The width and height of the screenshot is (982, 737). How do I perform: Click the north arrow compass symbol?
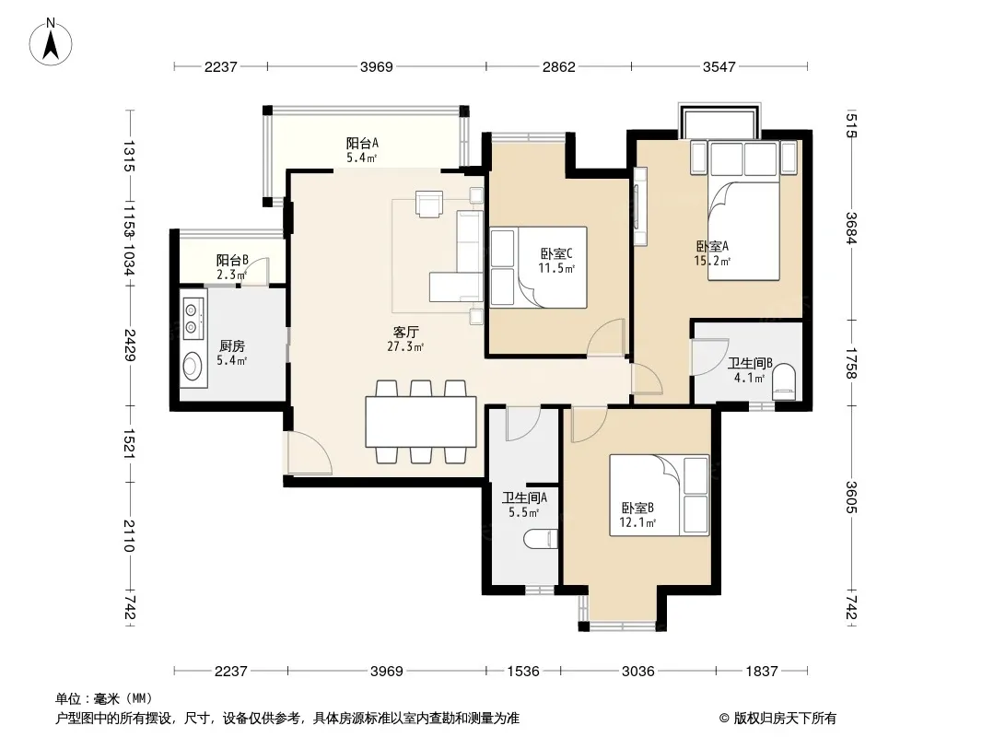[51, 41]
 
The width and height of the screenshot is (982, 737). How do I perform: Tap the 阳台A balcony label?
[362, 143]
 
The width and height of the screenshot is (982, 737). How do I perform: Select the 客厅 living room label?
[406, 332]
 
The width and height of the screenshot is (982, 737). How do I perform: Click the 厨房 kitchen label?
[232, 345]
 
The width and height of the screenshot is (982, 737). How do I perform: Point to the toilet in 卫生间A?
[540, 539]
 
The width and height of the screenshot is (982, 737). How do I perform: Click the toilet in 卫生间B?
[783, 381]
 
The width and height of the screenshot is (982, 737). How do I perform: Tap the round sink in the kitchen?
[193, 366]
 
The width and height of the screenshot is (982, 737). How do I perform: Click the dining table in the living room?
[421, 421]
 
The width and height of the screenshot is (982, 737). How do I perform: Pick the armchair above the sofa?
[429, 205]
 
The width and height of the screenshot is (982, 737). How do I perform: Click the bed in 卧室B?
[660, 496]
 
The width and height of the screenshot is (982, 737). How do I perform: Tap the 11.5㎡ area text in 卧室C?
[556, 269]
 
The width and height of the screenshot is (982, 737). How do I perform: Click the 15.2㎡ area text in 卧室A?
[712, 261]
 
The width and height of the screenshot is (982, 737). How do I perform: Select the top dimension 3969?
[377, 66]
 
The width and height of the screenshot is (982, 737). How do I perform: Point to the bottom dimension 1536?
[523, 672]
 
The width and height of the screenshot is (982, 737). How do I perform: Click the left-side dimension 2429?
[130, 345]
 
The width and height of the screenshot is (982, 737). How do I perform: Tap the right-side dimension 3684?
[851, 228]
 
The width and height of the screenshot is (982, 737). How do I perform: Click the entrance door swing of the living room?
[310, 452]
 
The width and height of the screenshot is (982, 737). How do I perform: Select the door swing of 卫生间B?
[710, 357]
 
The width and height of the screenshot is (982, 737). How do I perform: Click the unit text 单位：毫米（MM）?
[104, 699]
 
